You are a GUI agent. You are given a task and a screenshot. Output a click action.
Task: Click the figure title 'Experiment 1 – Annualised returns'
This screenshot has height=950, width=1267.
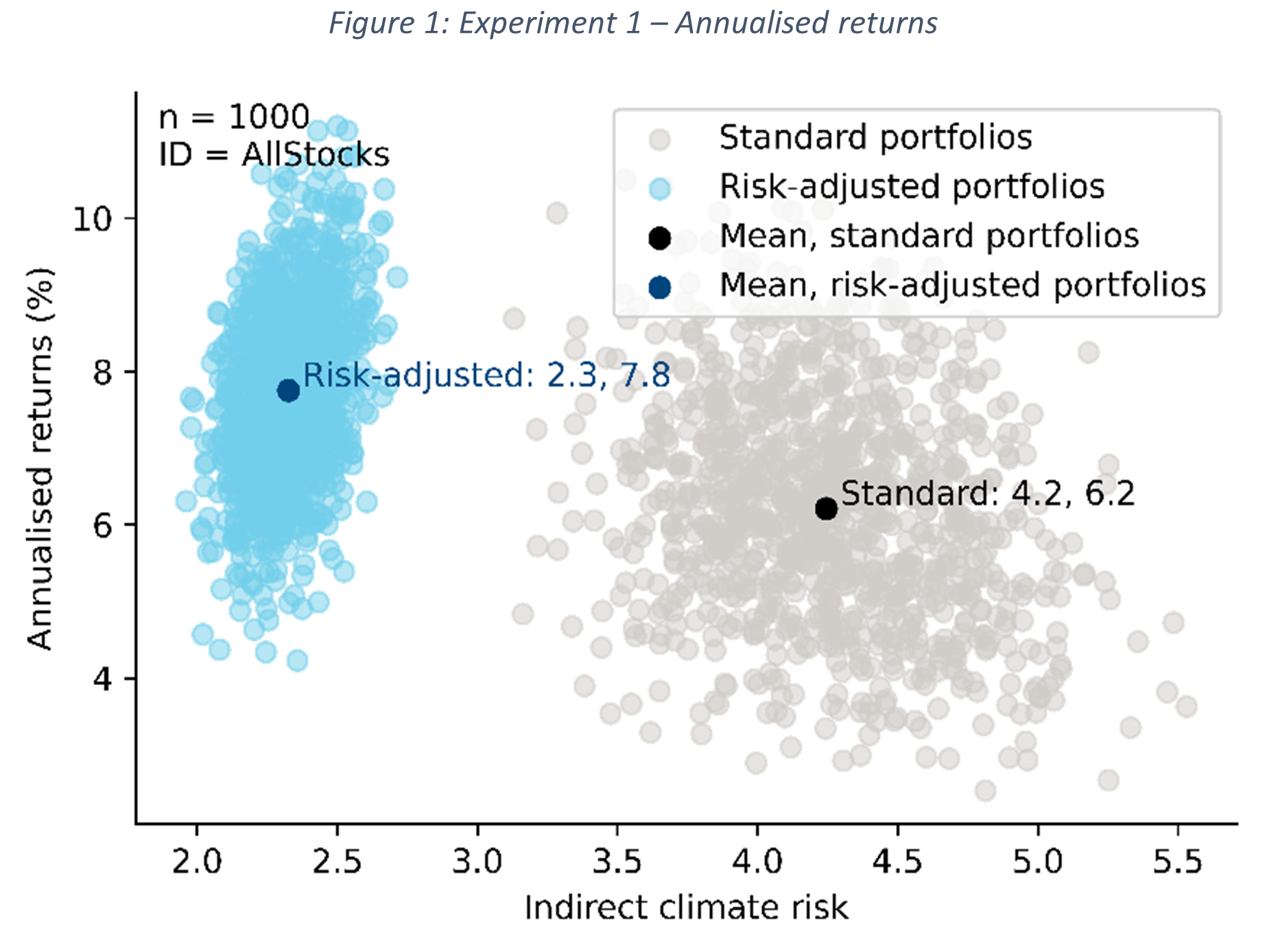[x=632, y=23]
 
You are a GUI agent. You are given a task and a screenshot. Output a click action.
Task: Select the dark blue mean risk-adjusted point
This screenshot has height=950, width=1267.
[x=288, y=391]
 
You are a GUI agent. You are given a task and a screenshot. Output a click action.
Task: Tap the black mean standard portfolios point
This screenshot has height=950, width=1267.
[x=826, y=509]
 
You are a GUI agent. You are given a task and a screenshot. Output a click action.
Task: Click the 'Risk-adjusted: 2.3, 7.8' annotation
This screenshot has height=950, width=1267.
[x=486, y=375]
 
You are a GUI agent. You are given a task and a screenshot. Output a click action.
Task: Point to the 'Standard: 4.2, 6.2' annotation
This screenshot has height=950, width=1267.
[x=988, y=494]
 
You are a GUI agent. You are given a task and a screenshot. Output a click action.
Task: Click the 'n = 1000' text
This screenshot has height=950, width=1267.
[x=234, y=117]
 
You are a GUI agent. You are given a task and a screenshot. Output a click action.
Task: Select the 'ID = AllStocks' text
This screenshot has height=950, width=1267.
[x=274, y=154]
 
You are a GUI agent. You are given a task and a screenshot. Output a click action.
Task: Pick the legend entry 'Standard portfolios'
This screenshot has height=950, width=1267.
[x=875, y=137]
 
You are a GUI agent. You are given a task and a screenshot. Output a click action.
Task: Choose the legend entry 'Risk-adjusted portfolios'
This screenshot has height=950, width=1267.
[x=912, y=187]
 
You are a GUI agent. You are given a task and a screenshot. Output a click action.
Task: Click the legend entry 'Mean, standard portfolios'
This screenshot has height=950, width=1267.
[x=929, y=236]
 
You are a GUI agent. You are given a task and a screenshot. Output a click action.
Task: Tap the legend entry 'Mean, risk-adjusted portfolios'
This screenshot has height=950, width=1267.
[x=962, y=286]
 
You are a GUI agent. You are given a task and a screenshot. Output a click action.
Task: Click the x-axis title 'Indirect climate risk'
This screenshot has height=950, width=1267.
[x=686, y=907]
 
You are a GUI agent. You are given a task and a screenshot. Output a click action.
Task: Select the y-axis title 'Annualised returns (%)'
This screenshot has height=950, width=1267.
[x=40, y=459]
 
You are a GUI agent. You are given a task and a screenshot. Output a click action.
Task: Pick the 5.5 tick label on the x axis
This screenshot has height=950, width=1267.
[x=1177, y=861]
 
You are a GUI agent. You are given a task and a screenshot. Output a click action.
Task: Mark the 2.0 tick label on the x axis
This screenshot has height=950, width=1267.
[x=196, y=861]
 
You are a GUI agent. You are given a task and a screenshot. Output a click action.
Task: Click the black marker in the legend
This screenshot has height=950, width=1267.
[x=659, y=237]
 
